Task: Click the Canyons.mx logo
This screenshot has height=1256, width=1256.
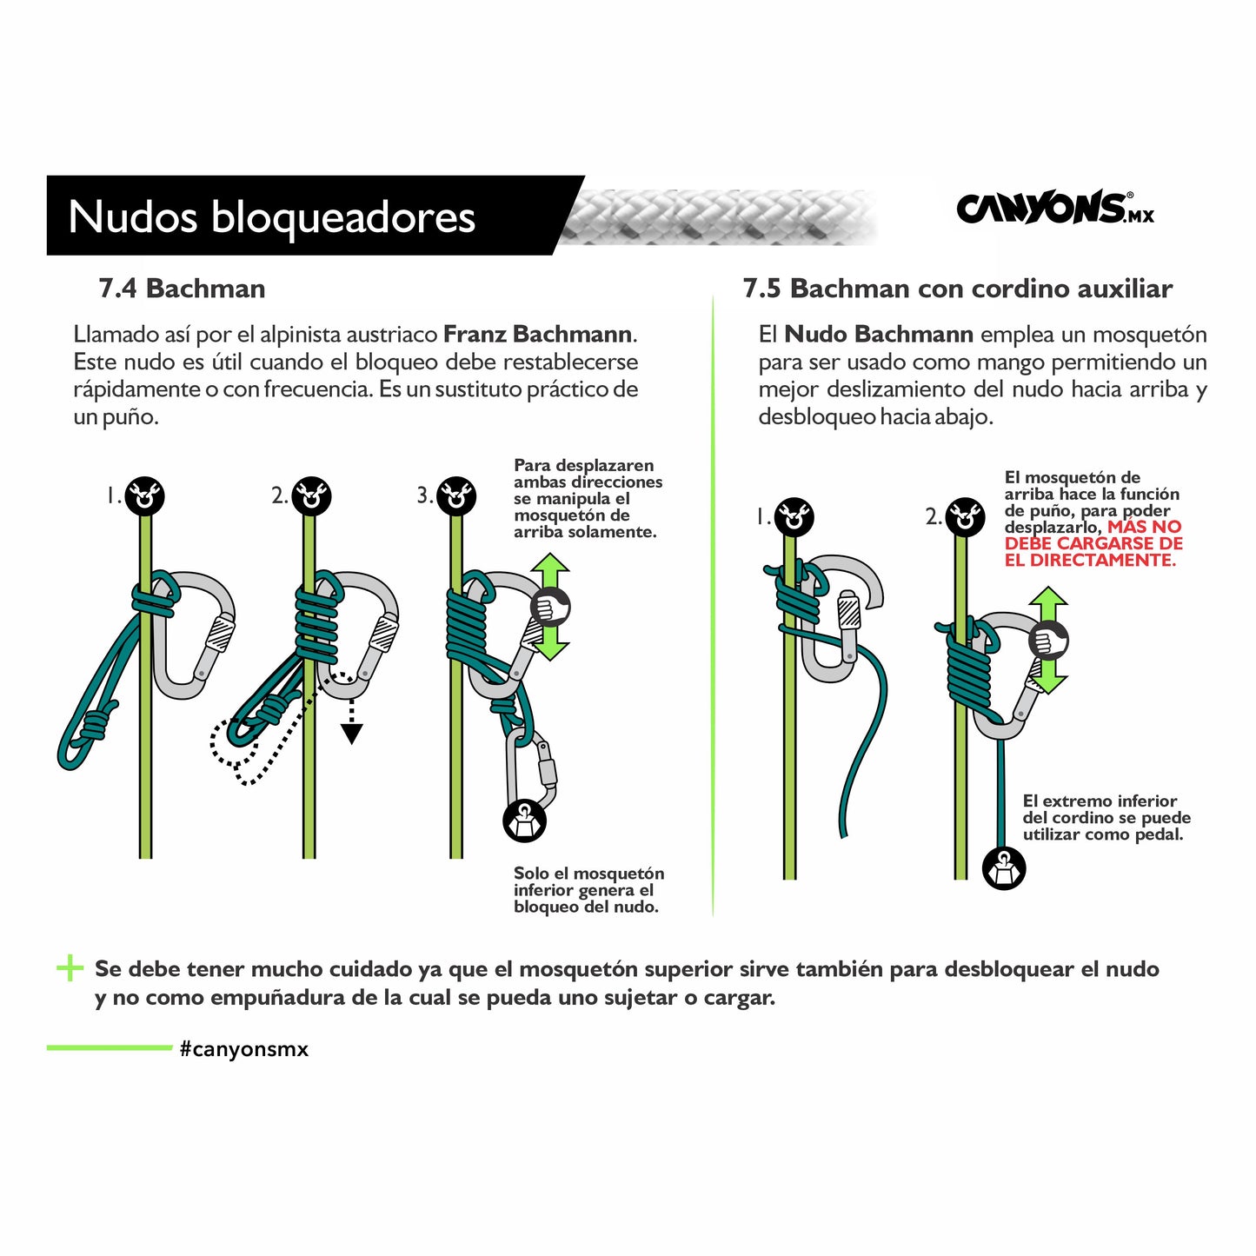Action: pos(1054,208)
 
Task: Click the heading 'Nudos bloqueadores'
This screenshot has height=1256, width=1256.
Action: pos(272,216)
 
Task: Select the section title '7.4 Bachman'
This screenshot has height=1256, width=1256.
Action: pos(182,289)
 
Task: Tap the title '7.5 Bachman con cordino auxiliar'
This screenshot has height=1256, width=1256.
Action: pos(958,289)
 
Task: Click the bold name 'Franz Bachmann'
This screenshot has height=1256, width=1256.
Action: pos(537,335)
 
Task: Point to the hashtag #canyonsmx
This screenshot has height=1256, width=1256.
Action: pos(243,1049)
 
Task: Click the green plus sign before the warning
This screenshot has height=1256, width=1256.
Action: pos(70,968)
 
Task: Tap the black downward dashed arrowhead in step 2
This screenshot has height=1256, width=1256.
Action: pos(351,734)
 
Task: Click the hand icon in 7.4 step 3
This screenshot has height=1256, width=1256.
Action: pos(550,608)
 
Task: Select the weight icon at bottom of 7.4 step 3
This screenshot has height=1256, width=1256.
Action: pos(525,822)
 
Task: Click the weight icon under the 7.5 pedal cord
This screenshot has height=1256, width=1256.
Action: pos(1004,869)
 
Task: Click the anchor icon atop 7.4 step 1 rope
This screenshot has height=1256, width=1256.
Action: pos(144,496)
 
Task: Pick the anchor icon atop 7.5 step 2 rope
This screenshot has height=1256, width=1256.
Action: pos(966,517)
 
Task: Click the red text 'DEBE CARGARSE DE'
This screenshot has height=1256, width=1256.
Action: pos(1093,543)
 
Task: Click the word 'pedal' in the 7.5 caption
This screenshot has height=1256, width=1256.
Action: pos(1159,835)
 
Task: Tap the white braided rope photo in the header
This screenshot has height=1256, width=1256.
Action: pos(717,217)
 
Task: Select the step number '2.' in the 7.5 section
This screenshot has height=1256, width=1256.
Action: pos(934,517)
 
